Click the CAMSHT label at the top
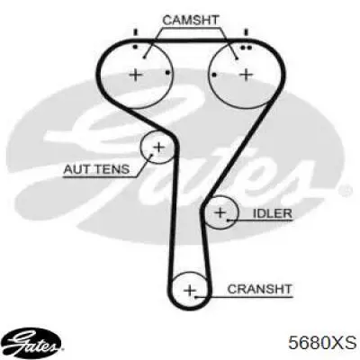point(191,20)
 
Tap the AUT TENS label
point(96,169)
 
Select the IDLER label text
point(273,213)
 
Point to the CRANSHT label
point(259,289)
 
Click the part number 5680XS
point(322,343)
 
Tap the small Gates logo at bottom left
point(33,343)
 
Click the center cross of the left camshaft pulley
point(136,74)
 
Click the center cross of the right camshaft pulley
point(247,75)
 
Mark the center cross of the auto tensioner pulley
point(159,147)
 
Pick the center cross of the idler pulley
point(220,212)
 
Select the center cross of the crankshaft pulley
point(189,290)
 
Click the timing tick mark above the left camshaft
point(135,32)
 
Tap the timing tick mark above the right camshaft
point(246,32)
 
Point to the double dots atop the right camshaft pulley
point(246,48)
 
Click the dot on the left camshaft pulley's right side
point(168,73)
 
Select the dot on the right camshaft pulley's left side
point(214,75)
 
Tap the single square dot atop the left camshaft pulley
point(135,47)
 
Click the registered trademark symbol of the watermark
point(347,190)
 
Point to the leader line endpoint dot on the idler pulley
point(228,220)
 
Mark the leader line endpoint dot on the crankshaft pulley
point(195,297)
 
